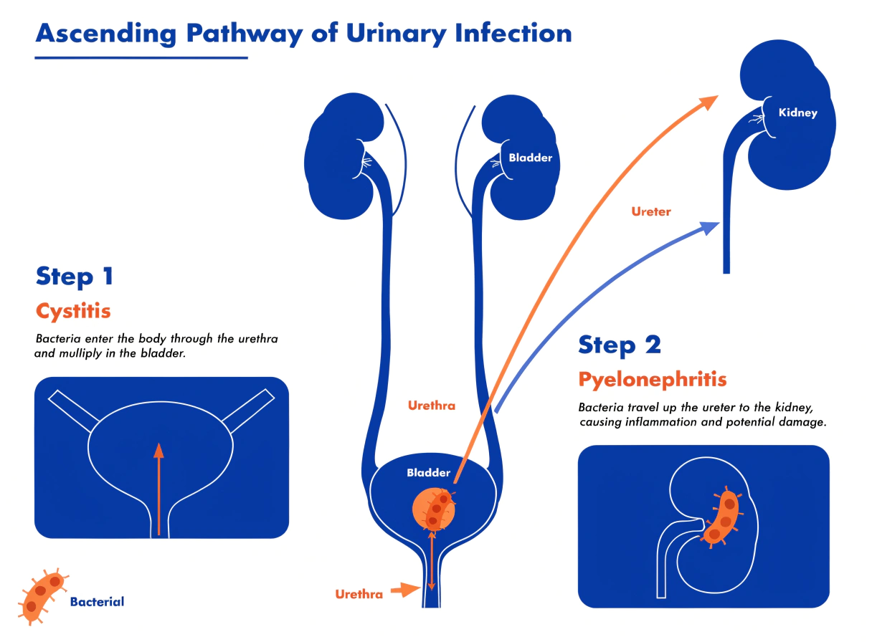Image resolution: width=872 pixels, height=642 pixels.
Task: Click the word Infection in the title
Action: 513,33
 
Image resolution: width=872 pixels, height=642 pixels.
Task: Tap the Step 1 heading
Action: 75,277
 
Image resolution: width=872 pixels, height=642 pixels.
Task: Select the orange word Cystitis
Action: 73,311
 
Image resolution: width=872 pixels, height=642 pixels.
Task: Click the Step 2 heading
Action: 620,345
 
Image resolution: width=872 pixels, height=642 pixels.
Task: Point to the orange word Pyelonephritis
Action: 653,380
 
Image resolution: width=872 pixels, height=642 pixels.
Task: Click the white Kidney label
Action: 798,112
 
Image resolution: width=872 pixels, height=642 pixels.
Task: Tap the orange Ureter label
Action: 651,211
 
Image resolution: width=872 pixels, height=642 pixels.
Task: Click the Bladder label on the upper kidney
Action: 530,158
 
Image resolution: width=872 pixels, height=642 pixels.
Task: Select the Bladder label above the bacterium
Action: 428,472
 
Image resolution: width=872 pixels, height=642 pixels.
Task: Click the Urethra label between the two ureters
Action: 431,406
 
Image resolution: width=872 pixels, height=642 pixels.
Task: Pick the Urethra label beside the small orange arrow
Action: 359,594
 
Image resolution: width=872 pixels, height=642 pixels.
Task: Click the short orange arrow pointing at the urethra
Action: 405,590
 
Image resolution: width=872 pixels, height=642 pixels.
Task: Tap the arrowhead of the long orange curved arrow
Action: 709,102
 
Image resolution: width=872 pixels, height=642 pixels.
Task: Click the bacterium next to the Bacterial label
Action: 42,596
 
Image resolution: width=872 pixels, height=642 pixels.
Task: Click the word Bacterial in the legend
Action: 97,602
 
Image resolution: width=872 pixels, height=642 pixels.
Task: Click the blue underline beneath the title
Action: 141,58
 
